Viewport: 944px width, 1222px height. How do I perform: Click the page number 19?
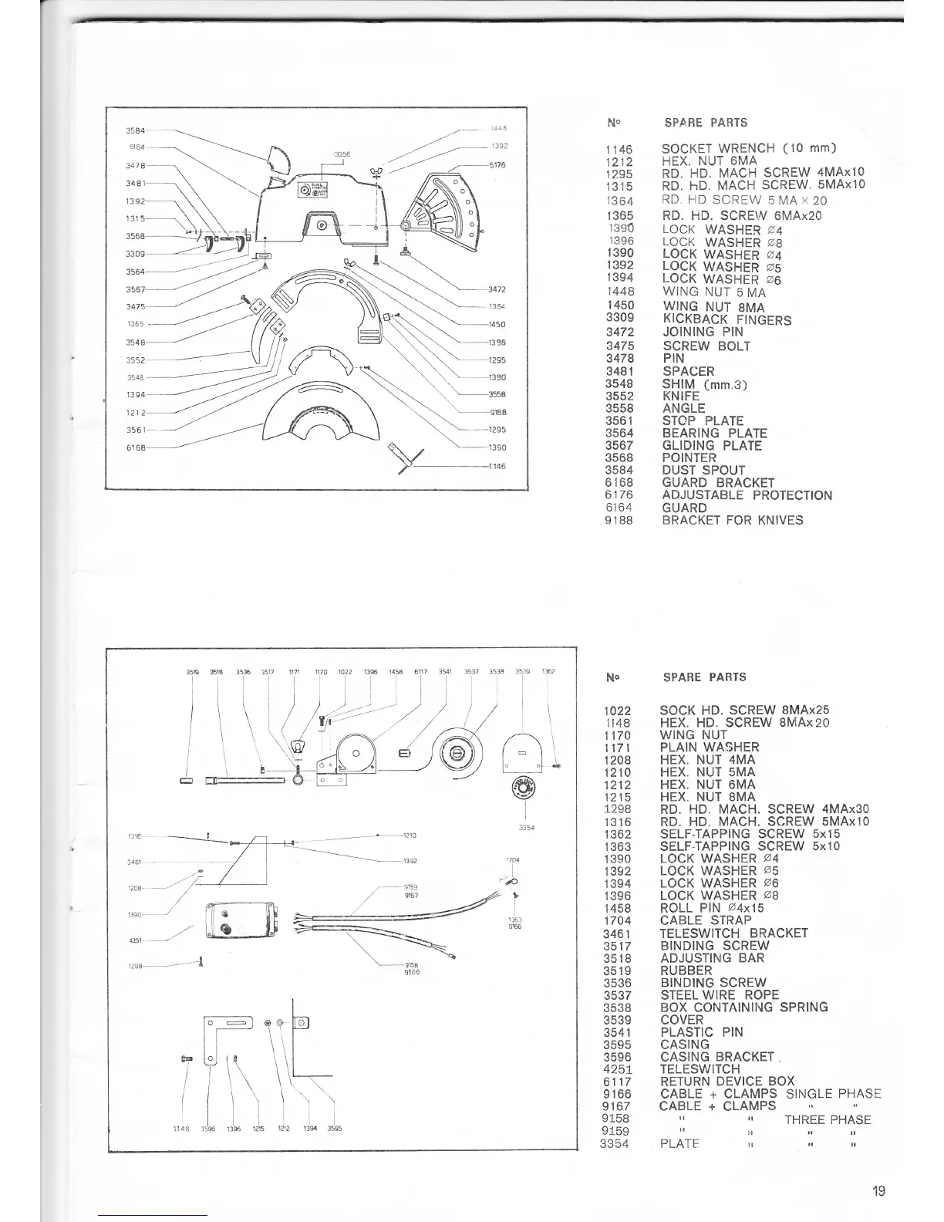point(878,1190)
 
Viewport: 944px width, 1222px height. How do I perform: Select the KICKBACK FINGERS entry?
point(727,320)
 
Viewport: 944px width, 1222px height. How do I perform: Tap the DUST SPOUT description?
point(703,470)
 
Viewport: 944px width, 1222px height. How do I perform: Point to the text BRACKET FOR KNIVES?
point(732,520)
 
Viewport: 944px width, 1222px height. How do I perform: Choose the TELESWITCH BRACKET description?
point(733,933)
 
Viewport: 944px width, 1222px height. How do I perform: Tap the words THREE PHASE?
point(827,1119)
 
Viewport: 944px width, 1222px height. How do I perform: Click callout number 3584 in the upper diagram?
point(135,130)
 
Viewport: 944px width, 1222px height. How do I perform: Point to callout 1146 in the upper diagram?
point(497,467)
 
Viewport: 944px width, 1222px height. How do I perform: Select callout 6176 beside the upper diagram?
point(497,164)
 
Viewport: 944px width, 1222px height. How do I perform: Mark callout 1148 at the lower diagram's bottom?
point(184,1129)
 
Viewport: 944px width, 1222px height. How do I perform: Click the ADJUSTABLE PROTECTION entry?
point(747,495)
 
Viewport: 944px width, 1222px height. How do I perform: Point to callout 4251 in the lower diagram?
point(135,940)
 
